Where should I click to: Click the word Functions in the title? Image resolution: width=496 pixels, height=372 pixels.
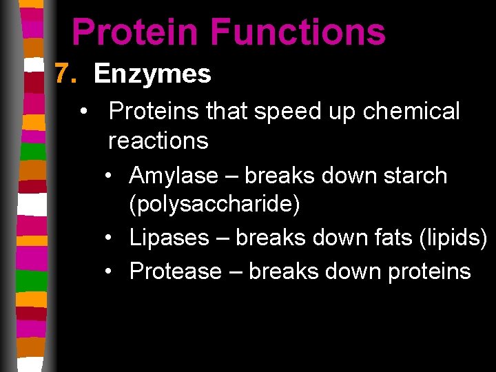coord(298,32)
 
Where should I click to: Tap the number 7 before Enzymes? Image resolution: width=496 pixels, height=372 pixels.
coord(63,74)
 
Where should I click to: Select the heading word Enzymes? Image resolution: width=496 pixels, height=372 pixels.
coord(152,74)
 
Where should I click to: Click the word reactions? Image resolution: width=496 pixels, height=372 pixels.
coord(158,141)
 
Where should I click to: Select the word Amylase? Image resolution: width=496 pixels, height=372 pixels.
coord(173,176)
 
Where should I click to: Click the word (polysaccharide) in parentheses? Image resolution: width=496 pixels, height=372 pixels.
coord(214,205)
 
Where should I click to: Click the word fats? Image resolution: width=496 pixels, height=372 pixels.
coord(388,238)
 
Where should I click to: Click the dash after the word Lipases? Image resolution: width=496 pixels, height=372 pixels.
coord(226,238)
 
